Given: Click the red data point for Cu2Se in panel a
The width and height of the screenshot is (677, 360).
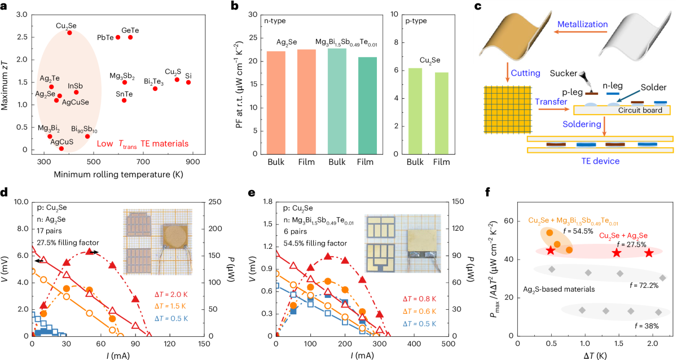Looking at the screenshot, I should (69, 33).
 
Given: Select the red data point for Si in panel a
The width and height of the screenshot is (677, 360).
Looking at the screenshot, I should (188, 82).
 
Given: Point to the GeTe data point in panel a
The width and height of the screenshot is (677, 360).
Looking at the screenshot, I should (130, 37).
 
